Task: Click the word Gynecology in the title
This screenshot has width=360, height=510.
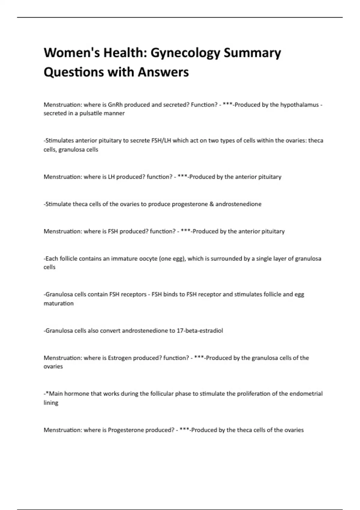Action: (x=185, y=53)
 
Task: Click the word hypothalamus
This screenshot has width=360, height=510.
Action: (x=299, y=105)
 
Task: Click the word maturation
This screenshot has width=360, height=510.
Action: (x=58, y=303)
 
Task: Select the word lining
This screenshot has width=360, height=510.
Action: (x=51, y=403)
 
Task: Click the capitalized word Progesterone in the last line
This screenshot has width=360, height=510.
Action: (x=126, y=430)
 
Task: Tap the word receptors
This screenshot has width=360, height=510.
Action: (x=133, y=294)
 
